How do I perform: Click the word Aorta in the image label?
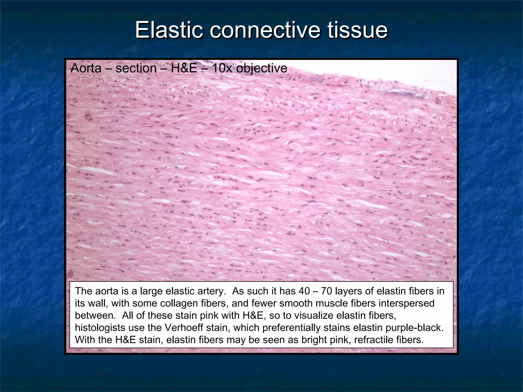86,68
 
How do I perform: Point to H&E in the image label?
184,68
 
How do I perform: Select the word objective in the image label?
262,68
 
